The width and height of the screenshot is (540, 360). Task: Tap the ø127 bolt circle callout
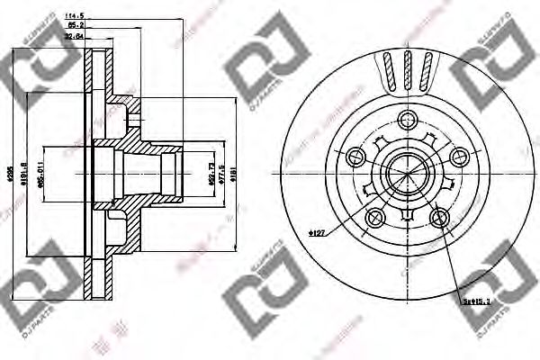(317, 233)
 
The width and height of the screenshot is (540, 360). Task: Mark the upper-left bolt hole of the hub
(356, 157)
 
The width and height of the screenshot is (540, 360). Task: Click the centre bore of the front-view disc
(408, 172)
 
